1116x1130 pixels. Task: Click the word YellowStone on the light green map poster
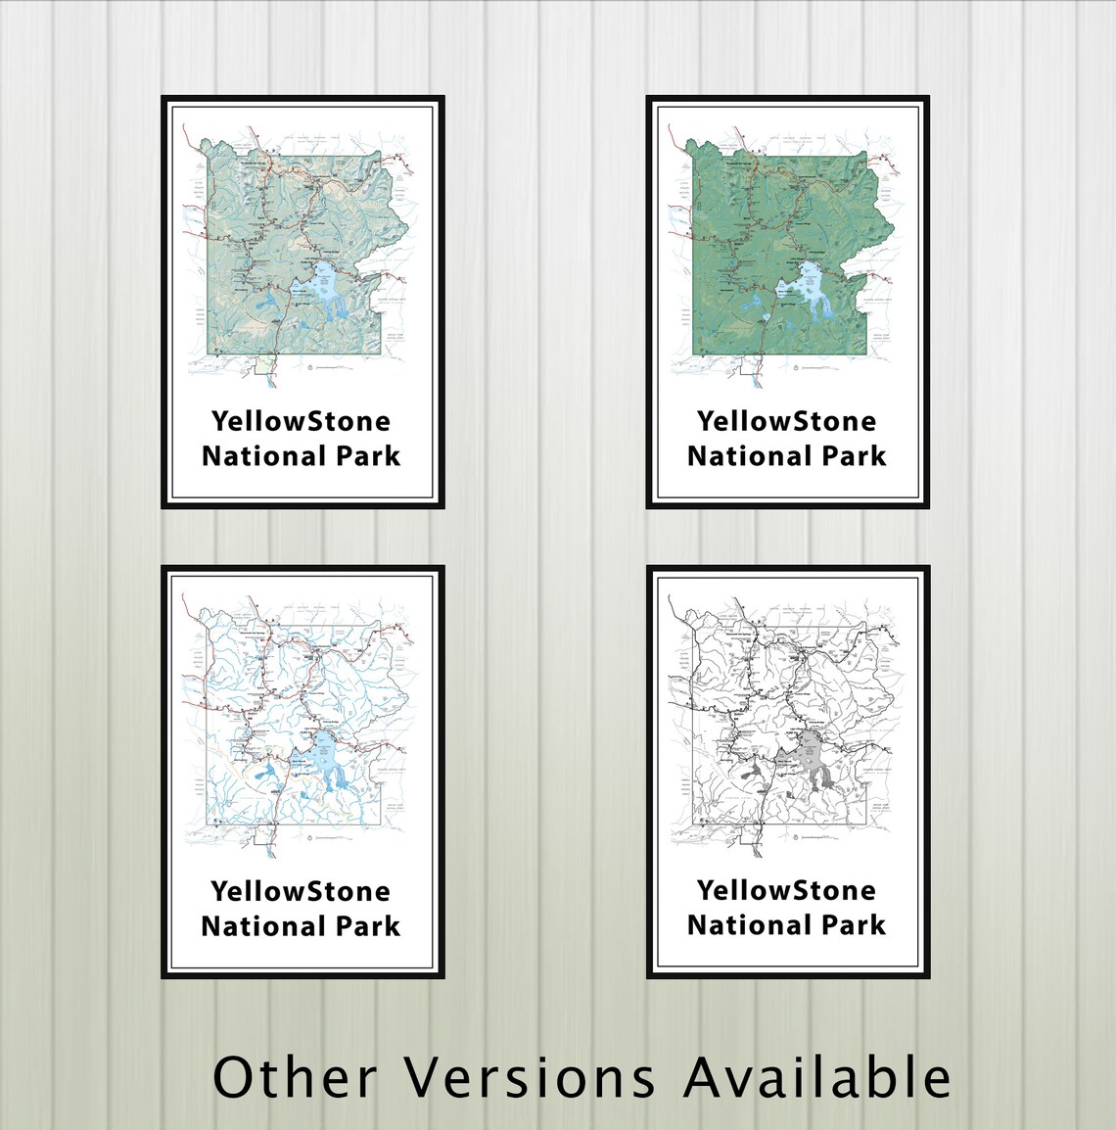pyautogui.click(x=301, y=421)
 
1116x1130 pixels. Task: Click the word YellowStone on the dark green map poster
pyautogui.click(x=786, y=421)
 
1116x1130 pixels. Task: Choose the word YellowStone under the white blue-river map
pyautogui.click(x=301, y=891)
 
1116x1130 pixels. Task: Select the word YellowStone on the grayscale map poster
pyautogui.click(x=786, y=890)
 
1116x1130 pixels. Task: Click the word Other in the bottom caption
pyautogui.click(x=295, y=1077)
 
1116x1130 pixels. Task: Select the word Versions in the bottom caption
pyautogui.click(x=531, y=1077)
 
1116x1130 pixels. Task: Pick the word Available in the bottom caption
pyautogui.click(x=816, y=1077)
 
